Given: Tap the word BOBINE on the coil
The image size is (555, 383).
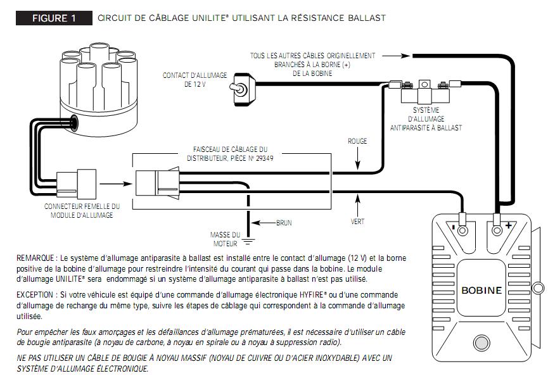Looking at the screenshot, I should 482,291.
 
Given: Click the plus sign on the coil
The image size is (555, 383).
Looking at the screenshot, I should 507,225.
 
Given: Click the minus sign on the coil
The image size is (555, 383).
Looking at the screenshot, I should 454,225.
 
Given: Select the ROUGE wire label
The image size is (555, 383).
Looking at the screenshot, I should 357,141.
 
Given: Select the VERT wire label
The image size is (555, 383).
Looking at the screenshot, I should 357,222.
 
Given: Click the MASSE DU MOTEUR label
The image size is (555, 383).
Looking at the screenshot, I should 225,239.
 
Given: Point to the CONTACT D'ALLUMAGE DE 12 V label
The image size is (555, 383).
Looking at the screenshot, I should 195,79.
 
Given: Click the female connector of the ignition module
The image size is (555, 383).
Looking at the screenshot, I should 75,184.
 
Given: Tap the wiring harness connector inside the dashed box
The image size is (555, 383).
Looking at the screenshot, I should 156,184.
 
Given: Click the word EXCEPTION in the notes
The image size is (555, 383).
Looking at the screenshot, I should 36,296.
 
